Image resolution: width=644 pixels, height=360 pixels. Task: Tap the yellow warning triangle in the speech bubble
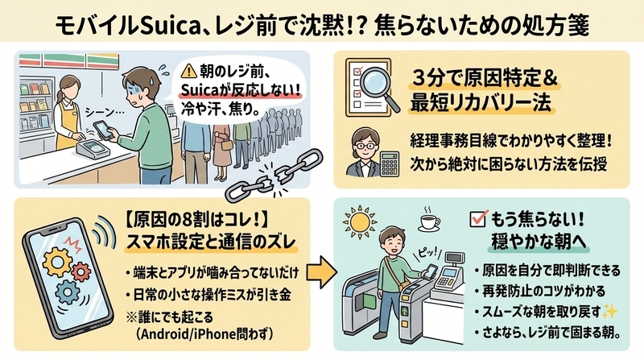189,72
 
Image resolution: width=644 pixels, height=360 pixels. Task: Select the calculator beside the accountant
389,164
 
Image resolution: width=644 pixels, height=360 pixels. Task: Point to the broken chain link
275,175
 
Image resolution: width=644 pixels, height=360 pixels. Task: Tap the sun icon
360,222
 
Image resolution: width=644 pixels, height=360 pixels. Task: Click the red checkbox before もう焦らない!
478,218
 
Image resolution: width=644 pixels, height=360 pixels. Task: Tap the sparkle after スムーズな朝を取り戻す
609,312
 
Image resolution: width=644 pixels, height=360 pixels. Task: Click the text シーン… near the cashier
98,111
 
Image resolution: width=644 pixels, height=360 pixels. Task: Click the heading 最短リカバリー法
481,103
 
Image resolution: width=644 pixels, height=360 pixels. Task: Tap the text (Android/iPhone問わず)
204,333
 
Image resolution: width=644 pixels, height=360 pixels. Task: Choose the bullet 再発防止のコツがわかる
539,292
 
